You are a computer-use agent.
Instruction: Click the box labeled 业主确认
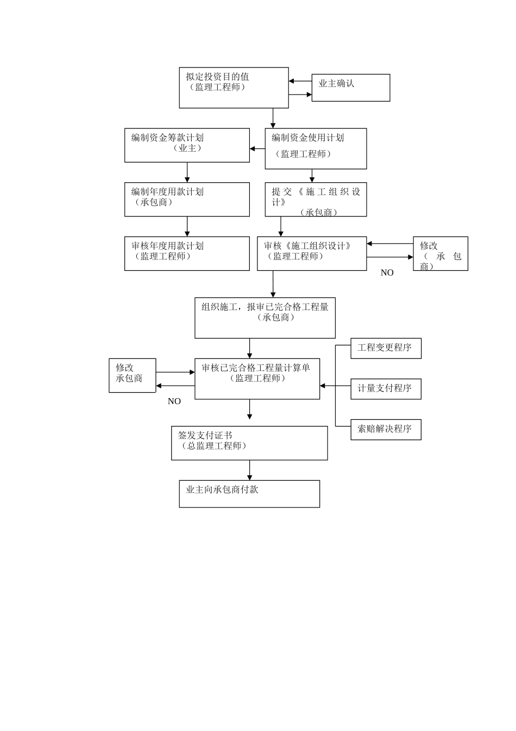click(350, 88)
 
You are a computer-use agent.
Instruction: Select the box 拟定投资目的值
click(234, 88)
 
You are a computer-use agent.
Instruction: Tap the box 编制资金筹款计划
click(187, 145)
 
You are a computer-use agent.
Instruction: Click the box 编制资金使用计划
click(316, 148)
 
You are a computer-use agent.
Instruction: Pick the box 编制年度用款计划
click(187, 199)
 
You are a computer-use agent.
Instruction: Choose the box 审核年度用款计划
click(187, 253)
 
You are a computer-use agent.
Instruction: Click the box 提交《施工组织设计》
click(316, 199)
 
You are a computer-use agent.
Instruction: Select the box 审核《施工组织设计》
click(312, 253)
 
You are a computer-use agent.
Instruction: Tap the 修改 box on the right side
click(440, 253)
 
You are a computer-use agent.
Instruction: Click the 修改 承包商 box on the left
click(132, 375)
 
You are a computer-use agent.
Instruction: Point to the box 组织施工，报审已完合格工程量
click(265, 318)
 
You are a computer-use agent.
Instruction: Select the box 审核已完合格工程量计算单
click(257, 379)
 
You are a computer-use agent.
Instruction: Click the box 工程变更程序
click(386, 348)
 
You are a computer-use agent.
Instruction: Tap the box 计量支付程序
click(386, 389)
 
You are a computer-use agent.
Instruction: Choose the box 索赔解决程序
click(386, 429)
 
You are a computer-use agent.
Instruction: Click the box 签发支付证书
click(249, 443)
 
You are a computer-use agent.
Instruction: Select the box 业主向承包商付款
click(249, 493)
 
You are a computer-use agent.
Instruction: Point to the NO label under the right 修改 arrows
click(387, 273)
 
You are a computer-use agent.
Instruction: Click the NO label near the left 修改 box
click(174, 401)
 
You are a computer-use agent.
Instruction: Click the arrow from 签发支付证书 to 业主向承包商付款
click(250, 470)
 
